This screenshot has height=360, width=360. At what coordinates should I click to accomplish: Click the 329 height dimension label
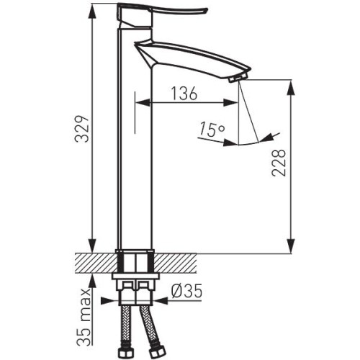coord(81,130)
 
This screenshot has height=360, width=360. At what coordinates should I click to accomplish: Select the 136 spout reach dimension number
coord(184,93)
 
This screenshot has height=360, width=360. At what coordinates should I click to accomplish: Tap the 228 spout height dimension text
coord(279,163)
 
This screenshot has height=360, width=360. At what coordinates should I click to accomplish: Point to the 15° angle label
coord(212,129)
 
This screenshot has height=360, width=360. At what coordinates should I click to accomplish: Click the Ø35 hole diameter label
coord(186,292)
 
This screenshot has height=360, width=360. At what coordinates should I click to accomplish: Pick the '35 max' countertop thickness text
coord(84,317)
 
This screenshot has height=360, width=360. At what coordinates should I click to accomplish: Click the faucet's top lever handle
coord(161,14)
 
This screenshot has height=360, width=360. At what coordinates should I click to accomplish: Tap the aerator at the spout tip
coord(238,78)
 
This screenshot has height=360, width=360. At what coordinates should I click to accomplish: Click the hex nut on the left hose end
coord(125,352)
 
